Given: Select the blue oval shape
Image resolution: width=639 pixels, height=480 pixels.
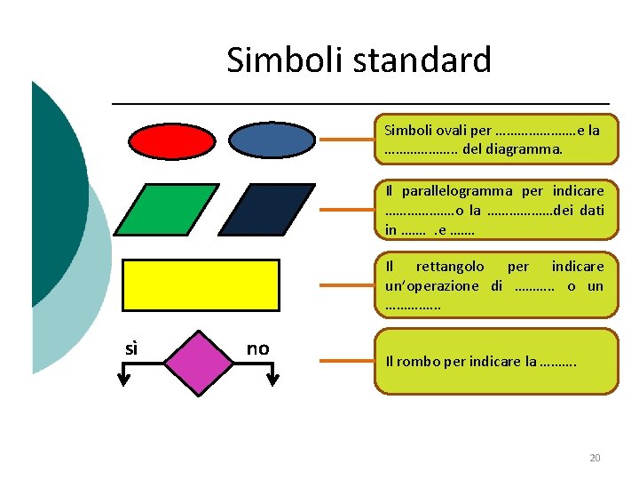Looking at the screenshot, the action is coord(271,139).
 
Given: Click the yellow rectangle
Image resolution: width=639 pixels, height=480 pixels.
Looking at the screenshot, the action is coord(201,284).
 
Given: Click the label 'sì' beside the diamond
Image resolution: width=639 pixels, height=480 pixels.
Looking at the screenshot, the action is coord(131,348).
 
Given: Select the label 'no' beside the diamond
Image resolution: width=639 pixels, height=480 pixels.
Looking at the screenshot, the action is coord(257,348).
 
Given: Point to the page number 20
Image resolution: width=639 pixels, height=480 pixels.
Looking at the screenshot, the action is coord(595,458).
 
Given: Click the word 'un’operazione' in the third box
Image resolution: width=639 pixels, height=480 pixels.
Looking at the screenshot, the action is coord(430,285).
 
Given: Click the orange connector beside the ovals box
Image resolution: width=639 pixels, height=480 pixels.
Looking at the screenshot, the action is coord(347,140).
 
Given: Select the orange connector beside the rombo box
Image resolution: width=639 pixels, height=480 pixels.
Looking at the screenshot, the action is coord(347,362).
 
